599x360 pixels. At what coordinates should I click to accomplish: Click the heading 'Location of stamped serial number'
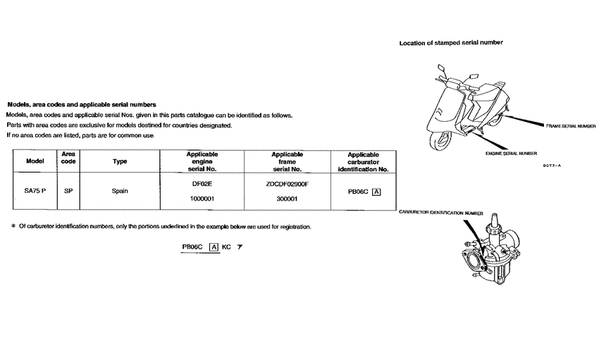coord(451,43)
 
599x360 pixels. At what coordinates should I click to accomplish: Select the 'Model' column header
coord(35,161)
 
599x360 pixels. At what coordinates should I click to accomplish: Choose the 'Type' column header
coord(120,161)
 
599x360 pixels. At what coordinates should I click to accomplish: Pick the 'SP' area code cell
coord(68,191)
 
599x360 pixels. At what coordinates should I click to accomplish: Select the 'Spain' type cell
coord(120,191)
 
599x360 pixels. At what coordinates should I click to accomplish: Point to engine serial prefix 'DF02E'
coord(202,183)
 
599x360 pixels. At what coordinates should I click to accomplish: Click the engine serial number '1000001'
coord(202,199)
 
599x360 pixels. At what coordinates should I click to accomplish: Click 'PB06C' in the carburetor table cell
coord(358,191)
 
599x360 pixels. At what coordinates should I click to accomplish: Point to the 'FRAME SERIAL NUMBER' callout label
coord(570,125)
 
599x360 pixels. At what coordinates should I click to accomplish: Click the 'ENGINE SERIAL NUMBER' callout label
coord(511,153)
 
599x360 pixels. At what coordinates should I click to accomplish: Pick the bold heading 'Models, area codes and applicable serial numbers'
coord(81,104)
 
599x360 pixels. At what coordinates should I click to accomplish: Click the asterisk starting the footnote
coord(13,226)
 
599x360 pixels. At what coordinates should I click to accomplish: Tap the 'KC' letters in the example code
coord(226,247)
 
